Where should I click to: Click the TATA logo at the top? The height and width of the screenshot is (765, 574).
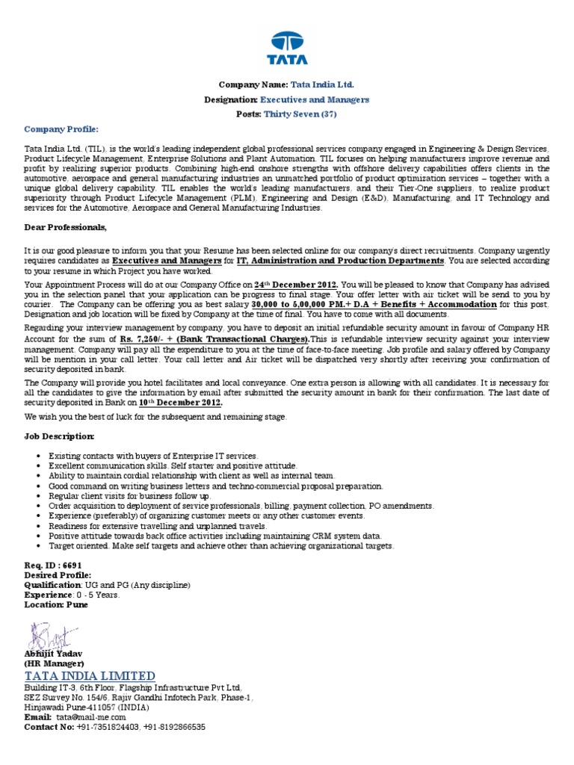click(x=287, y=49)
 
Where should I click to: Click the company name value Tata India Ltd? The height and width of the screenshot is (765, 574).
click(x=323, y=85)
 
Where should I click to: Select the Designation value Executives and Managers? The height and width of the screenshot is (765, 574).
click(x=314, y=99)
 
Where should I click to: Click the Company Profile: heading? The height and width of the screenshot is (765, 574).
click(x=61, y=129)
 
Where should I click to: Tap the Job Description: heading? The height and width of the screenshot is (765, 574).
click(x=59, y=436)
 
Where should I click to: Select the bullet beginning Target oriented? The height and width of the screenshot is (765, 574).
click(x=220, y=546)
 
